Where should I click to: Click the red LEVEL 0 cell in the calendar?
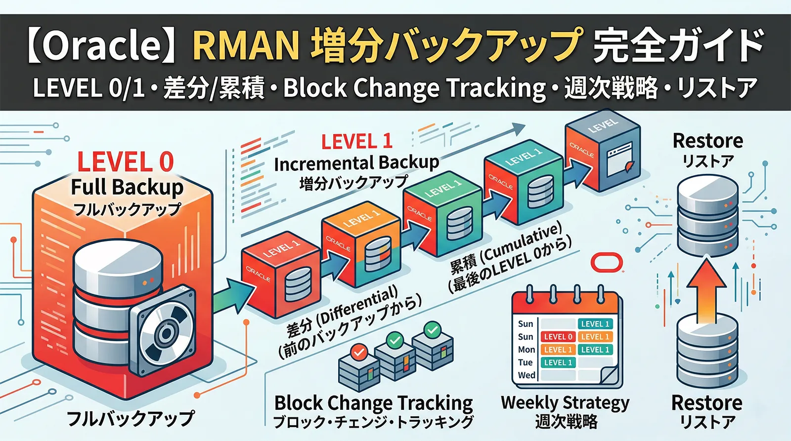point(558,337)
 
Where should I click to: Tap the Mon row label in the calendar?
point(526,350)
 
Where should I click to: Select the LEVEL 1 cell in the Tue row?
point(558,362)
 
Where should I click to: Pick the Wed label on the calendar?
point(526,375)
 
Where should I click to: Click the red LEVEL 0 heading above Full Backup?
point(125,162)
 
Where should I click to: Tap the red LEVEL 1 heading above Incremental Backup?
point(356,142)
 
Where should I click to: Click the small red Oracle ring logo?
point(607,262)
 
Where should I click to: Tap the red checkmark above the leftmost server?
point(358,352)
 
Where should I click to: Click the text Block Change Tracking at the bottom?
point(373,403)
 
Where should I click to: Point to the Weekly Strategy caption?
point(565,402)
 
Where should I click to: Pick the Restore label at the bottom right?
point(706,403)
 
